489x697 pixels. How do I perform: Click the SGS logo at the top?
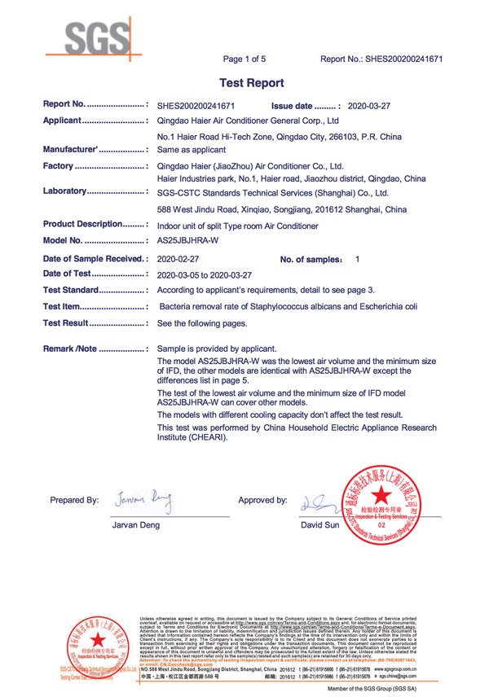[x=94, y=36]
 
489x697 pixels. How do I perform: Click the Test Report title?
[x=253, y=83]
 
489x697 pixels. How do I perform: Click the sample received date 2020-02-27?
[x=178, y=258]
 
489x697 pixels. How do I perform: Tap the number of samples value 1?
[x=358, y=258]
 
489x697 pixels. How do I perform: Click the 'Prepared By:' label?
[x=74, y=499]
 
